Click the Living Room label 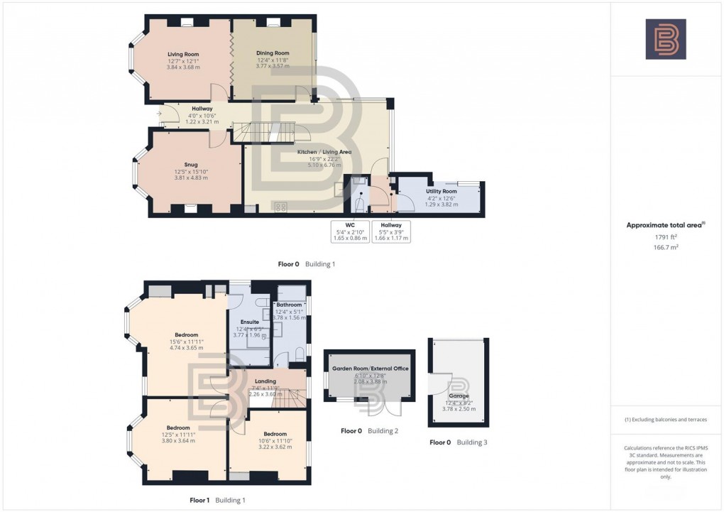pos(182,54)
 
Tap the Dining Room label pos(273,53)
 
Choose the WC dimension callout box pos(350,232)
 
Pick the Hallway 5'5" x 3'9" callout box pos(391,232)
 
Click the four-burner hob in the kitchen pos(281,207)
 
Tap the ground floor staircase pos(273,132)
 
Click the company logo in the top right pos(666,39)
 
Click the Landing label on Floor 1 pos(265,381)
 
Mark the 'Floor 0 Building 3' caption pos(459,442)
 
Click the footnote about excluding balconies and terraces pos(666,420)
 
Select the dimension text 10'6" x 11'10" pos(275,441)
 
